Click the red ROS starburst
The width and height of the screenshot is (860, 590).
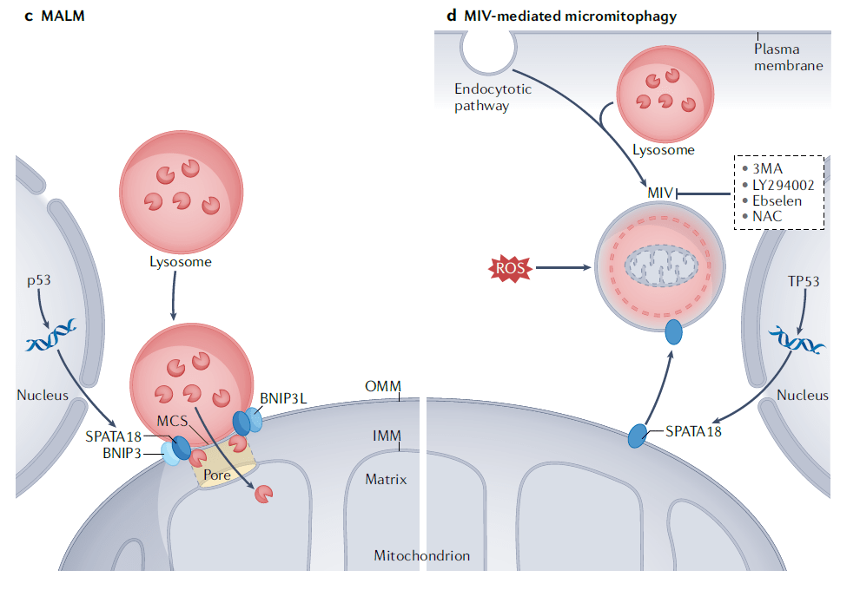pos(509,268)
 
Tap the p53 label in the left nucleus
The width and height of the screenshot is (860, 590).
pos(39,282)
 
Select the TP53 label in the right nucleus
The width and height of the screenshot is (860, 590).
pos(803,282)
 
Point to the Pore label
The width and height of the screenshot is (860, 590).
pos(216,475)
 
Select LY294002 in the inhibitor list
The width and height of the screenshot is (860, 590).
pos(782,185)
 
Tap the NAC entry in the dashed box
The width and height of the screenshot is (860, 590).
pos(769,216)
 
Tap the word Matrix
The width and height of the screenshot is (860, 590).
pos(386,478)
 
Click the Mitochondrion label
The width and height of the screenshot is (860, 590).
pos(421,555)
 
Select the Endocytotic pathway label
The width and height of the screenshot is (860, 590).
pos(493,97)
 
